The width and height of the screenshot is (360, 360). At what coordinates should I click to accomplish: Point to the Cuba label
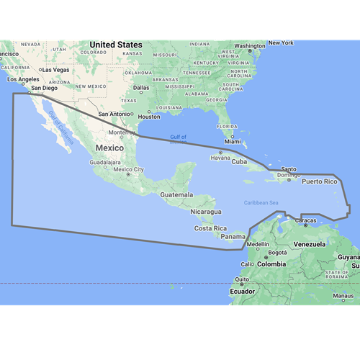pyautogui.click(x=239, y=161)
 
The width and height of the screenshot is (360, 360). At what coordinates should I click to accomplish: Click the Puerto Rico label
pyautogui.click(x=319, y=181)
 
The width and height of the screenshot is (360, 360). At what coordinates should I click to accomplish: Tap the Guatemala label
pyautogui.click(x=176, y=194)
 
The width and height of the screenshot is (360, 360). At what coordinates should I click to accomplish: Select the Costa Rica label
pyautogui.click(x=210, y=228)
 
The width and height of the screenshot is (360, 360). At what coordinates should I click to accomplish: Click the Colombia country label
pyautogui.click(x=272, y=264)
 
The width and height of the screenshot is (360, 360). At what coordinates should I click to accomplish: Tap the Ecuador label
pyautogui.click(x=242, y=292)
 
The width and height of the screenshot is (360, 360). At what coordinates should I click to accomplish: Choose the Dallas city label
pyautogui.click(x=141, y=87)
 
